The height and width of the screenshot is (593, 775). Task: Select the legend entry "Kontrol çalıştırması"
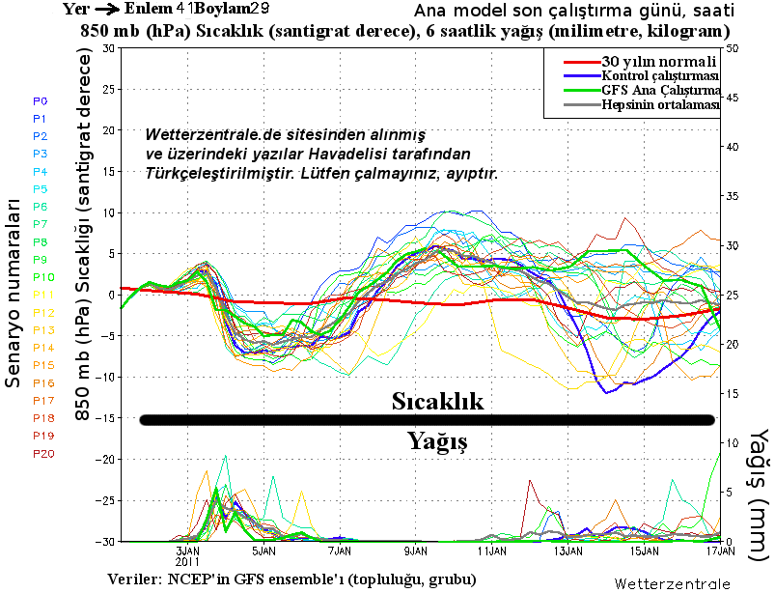[660, 76]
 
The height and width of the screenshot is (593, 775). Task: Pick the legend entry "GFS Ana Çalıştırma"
[661, 91]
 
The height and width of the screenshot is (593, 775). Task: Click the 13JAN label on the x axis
[568, 551]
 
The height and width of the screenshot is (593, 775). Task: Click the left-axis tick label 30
[106, 48]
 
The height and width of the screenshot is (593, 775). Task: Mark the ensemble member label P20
[43, 454]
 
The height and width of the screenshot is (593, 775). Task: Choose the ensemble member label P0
[41, 100]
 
